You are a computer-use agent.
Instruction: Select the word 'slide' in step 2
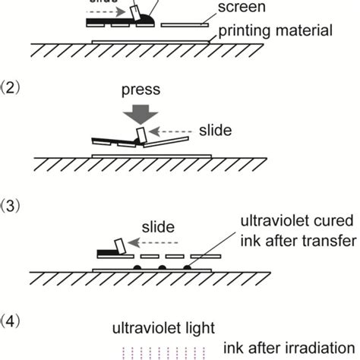[215, 131]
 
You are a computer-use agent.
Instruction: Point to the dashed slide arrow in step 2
[174, 131]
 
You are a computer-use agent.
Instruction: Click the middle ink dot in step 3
[161, 268]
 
